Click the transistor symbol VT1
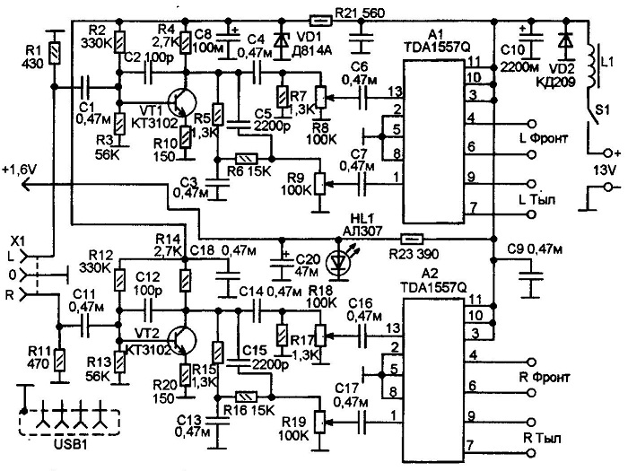click(181, 101)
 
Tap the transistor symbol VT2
click(181, 340)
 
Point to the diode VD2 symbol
click(565, 39)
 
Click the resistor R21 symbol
click(320, 19)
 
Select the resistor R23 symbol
click(412, 240)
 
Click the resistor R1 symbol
click(54, 53)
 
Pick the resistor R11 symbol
click(60, 360)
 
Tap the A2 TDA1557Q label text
click(435, 280)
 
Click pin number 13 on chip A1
click(395, 92)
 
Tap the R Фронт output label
click(545, 378)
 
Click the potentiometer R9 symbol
click(319, 184)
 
